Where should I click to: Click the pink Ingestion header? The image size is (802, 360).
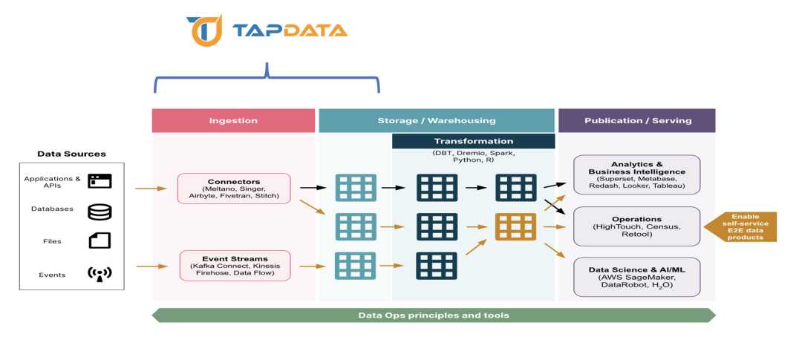tap(233, 120)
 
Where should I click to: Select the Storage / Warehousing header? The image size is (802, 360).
tap(436, 120)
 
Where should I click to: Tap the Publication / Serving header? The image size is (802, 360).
tap(637, 120)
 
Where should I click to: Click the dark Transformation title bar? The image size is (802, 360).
tap(473, 141)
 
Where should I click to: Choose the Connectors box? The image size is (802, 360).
tap(234, 189)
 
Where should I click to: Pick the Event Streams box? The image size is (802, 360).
tap(235, 265)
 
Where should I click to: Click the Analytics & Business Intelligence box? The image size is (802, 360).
tap(637, 174)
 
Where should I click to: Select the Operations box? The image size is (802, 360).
tap(637, 226)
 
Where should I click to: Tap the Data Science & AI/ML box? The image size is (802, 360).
tap(637, 276)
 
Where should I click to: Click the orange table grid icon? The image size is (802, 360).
tap(515, 226)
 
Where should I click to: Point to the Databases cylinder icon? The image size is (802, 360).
tap(100, 212)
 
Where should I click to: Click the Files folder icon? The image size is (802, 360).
tap(100, 241)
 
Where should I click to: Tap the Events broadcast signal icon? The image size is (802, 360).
tap(99, 275)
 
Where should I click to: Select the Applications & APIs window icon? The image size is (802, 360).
tap(100, 180)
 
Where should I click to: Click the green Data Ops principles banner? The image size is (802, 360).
tap(434, 315)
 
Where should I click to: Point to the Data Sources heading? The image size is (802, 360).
tap(71, 154)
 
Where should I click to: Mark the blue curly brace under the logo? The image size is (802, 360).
tap(267, 78)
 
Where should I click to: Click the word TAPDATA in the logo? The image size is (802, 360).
tap(290, 31)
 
